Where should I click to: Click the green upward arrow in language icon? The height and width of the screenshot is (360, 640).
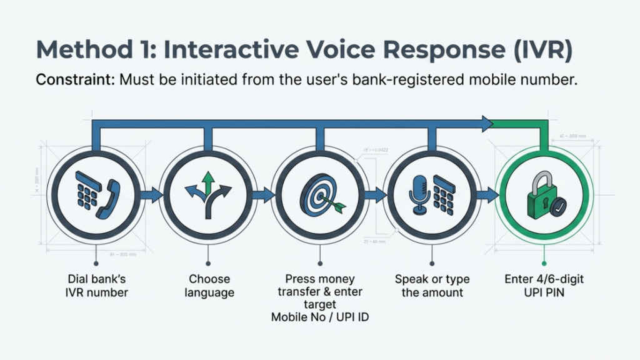[x=209, y=183]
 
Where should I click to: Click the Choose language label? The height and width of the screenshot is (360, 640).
[x=209, y=286]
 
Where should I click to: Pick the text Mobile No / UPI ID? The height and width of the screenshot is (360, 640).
[x=319, y=317]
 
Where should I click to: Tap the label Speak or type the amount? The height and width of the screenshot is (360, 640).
[x=432, y=286]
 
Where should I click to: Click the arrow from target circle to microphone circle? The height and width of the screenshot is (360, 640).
[x=374, y=195]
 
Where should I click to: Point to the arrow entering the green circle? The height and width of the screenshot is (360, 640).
[x=485, y=195]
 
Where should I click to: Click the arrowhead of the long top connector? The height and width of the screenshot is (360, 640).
[x=486, y=124]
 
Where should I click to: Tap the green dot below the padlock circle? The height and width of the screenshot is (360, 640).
[x=544, y=264]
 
